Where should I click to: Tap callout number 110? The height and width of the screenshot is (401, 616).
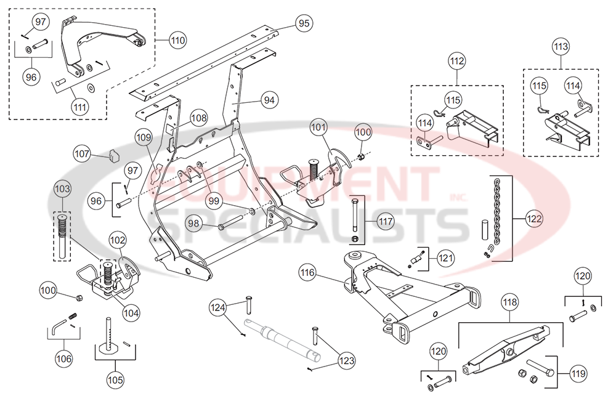coord(177,41)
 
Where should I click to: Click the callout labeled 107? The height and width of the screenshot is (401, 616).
coord(82,152)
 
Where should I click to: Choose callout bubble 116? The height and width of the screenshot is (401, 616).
coord(308,271)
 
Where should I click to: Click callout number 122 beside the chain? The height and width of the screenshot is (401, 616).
coord(535,217)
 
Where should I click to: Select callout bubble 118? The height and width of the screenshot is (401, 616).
coord(510,302)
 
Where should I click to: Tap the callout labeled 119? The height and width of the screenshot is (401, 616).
coord(578,373)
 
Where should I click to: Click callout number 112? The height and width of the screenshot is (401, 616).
coord(457,61)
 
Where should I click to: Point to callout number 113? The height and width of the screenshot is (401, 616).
coord(561,46)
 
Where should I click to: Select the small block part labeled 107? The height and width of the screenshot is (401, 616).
coord(112,155)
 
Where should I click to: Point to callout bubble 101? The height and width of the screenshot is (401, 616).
coord(319,129)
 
